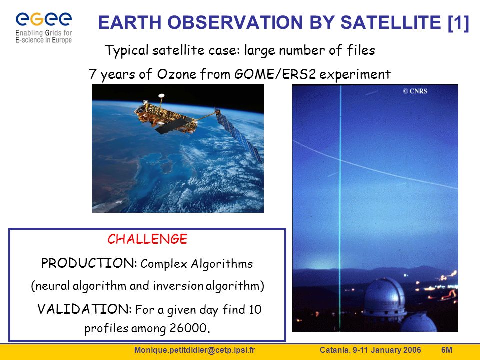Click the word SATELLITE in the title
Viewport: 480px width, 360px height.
[391, 22]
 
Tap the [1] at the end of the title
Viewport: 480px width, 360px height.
[458, 23]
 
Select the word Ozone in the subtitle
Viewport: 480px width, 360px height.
[177, 74]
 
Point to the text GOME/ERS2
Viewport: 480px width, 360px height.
[275, 74]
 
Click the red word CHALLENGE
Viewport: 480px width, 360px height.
[147, 239]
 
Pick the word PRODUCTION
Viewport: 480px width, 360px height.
[89, 263]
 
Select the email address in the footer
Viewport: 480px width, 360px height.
[194, 350]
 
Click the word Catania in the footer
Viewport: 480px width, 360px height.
[334, 350]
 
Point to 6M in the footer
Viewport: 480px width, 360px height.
[447, 350]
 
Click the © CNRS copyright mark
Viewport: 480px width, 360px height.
[415, 91]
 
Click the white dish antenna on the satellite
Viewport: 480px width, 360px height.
[161, 96]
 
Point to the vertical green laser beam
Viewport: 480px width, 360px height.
[340, 208]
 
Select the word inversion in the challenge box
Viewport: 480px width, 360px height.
[178, 286]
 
